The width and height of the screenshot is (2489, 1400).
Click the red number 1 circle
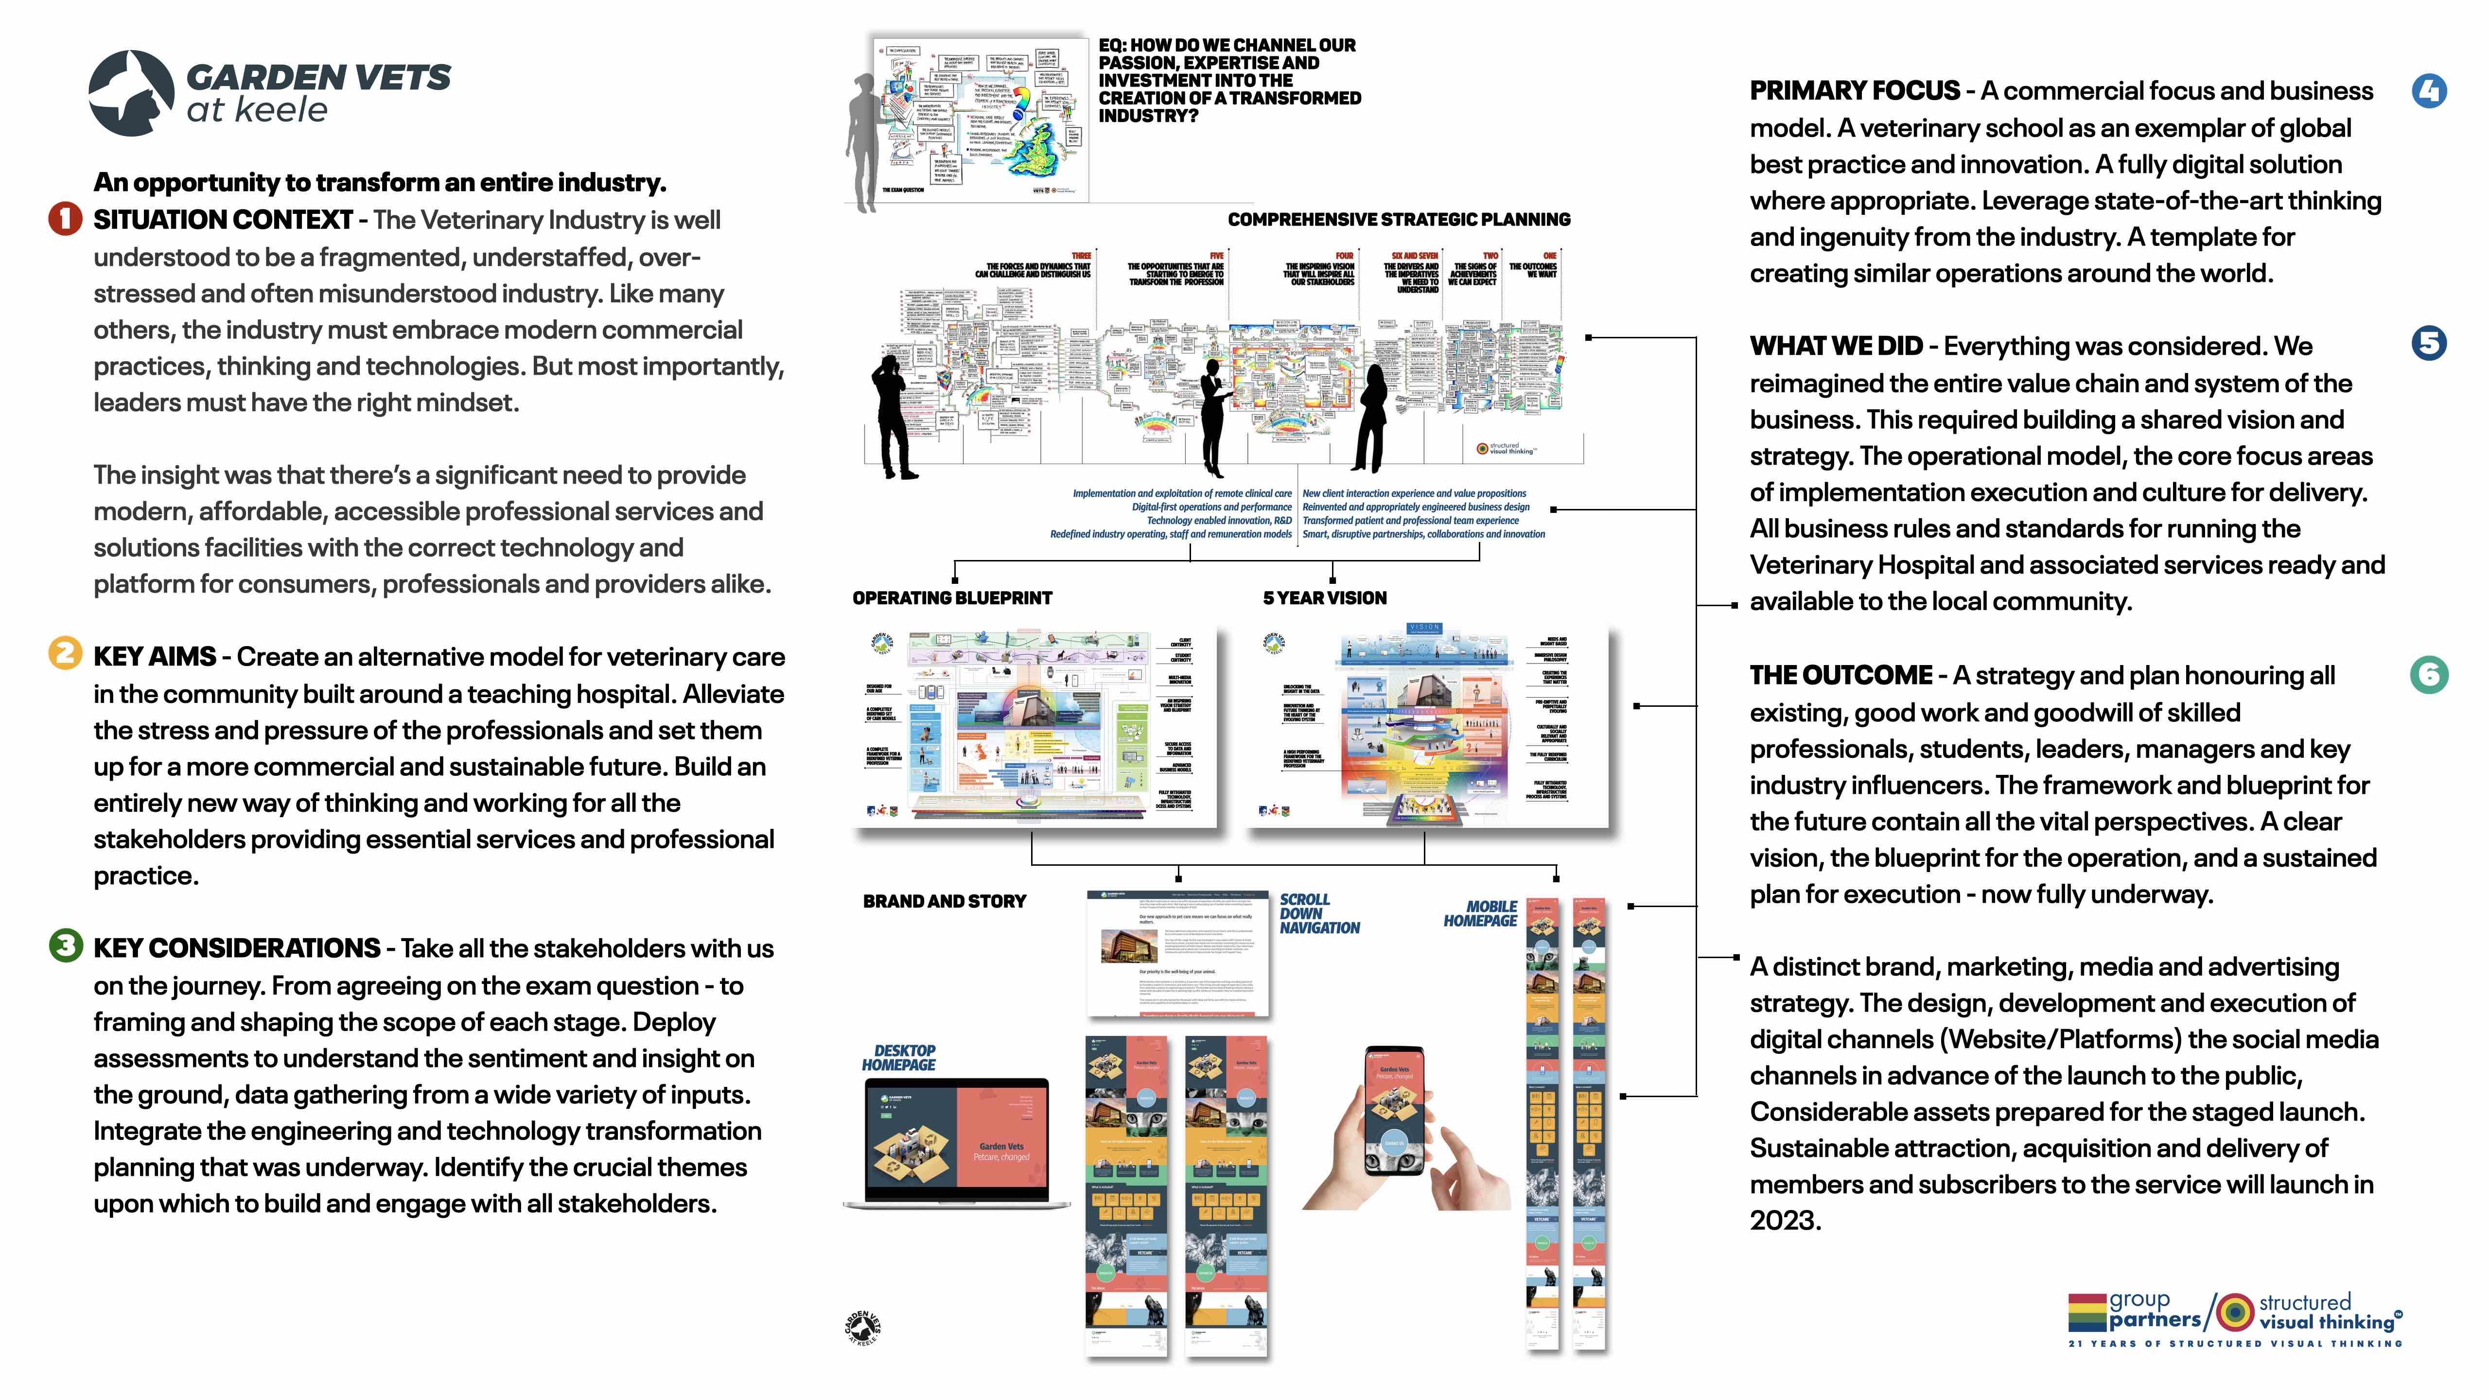point(65,219)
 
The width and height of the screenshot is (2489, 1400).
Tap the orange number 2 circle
point(65,654)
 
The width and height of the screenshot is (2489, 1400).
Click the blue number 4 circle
point(2429,91)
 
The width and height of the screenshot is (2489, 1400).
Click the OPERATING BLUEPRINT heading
point(952,598)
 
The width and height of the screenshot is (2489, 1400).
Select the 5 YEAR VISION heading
point(1324,598)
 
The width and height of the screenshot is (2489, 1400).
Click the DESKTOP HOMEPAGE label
point(899,1057)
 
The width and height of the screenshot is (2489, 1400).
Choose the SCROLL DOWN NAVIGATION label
point(1319,913)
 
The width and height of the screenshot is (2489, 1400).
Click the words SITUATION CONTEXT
point(222,220)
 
